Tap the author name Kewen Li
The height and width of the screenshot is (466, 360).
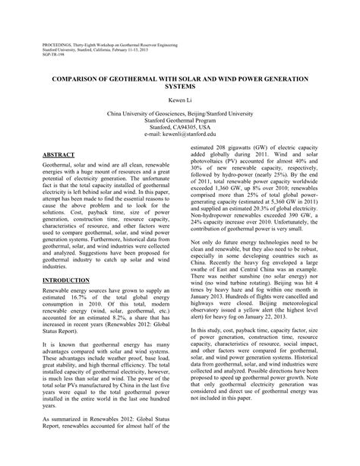pyautogui.click(x=179, y=98)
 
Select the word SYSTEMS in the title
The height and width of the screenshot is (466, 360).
pyautogui.click(x=179, y=86)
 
